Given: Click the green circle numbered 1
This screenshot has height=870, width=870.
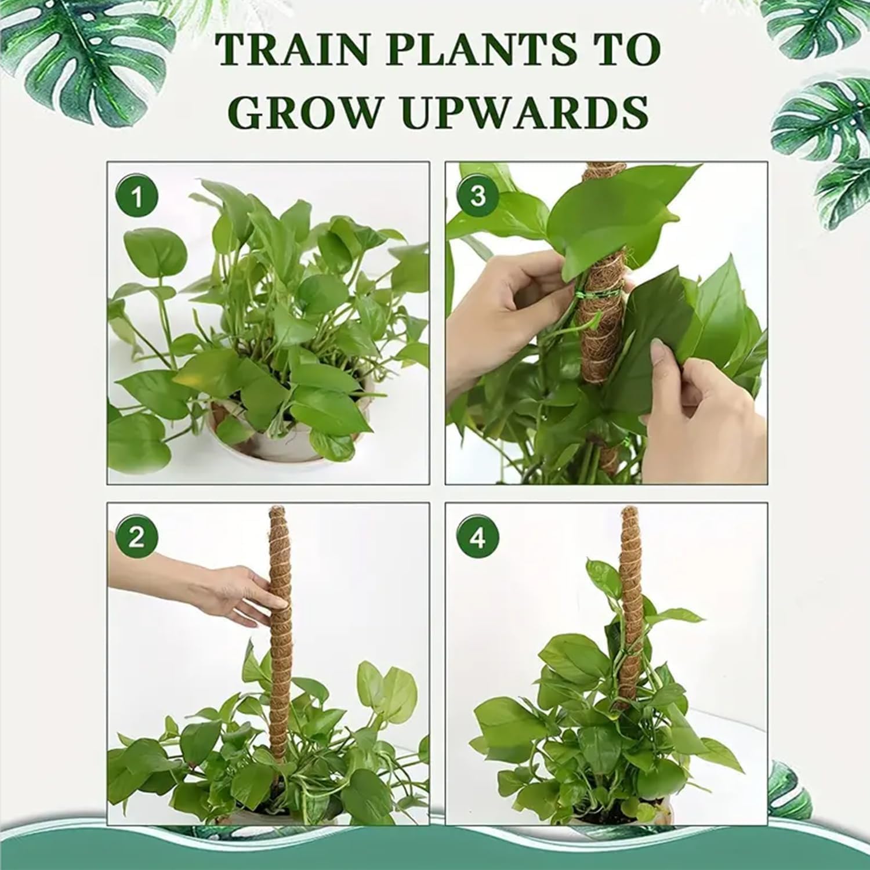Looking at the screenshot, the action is [x=136, y=197].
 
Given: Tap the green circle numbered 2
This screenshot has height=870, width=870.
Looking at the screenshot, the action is [x=136, y=538].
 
